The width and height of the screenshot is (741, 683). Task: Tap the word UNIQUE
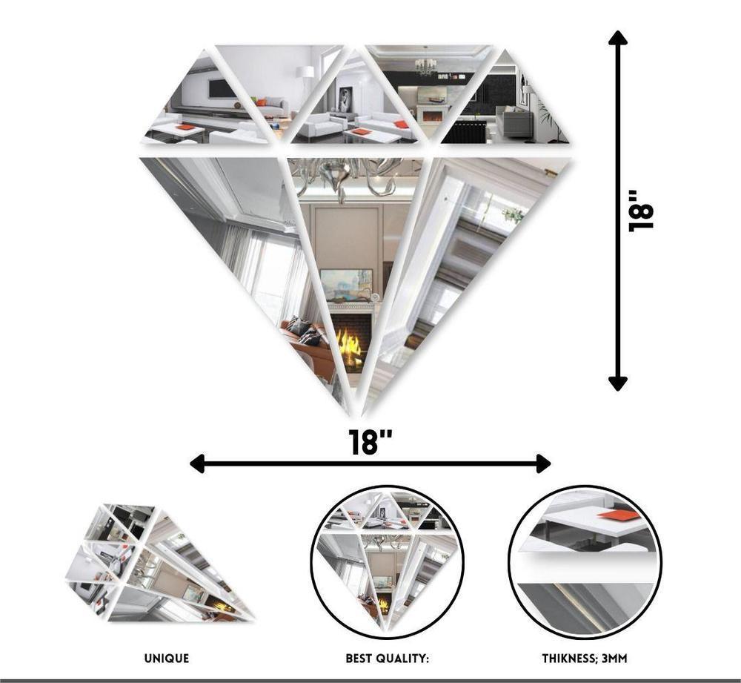coord(167,658)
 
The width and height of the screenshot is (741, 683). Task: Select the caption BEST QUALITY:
coord(387,658)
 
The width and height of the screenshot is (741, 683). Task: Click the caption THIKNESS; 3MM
coord(585,658)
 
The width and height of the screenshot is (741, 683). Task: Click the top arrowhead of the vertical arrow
coord(617,38)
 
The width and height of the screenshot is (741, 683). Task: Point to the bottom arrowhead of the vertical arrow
coord(617,383)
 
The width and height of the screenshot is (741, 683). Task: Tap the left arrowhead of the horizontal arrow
coord(197,463)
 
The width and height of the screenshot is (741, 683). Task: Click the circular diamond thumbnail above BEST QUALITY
coord(387,561)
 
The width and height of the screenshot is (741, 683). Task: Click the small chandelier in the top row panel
coord(425,66)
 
